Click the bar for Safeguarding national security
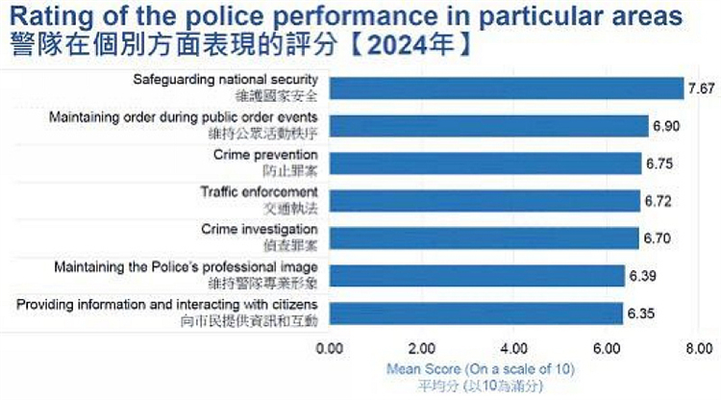[505, 88]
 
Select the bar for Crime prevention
[485, 163]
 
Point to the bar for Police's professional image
[477, 276]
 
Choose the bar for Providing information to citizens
[476, 313]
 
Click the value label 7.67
[700, 88]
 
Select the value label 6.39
[642, 276]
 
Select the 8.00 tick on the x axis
[698, 347]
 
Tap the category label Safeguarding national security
[225, 79]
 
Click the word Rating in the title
[47, 16]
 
